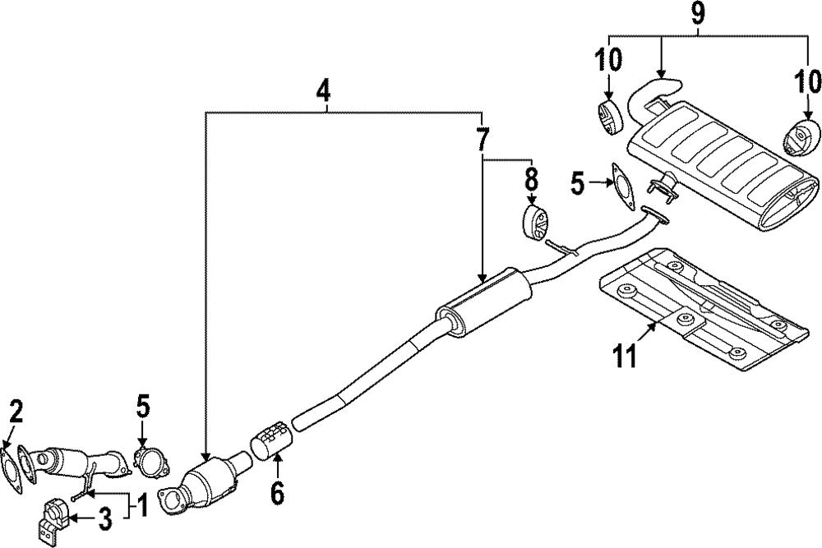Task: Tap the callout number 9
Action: click(x=698, y=13)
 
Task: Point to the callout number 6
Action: click(x=277, y=493)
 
